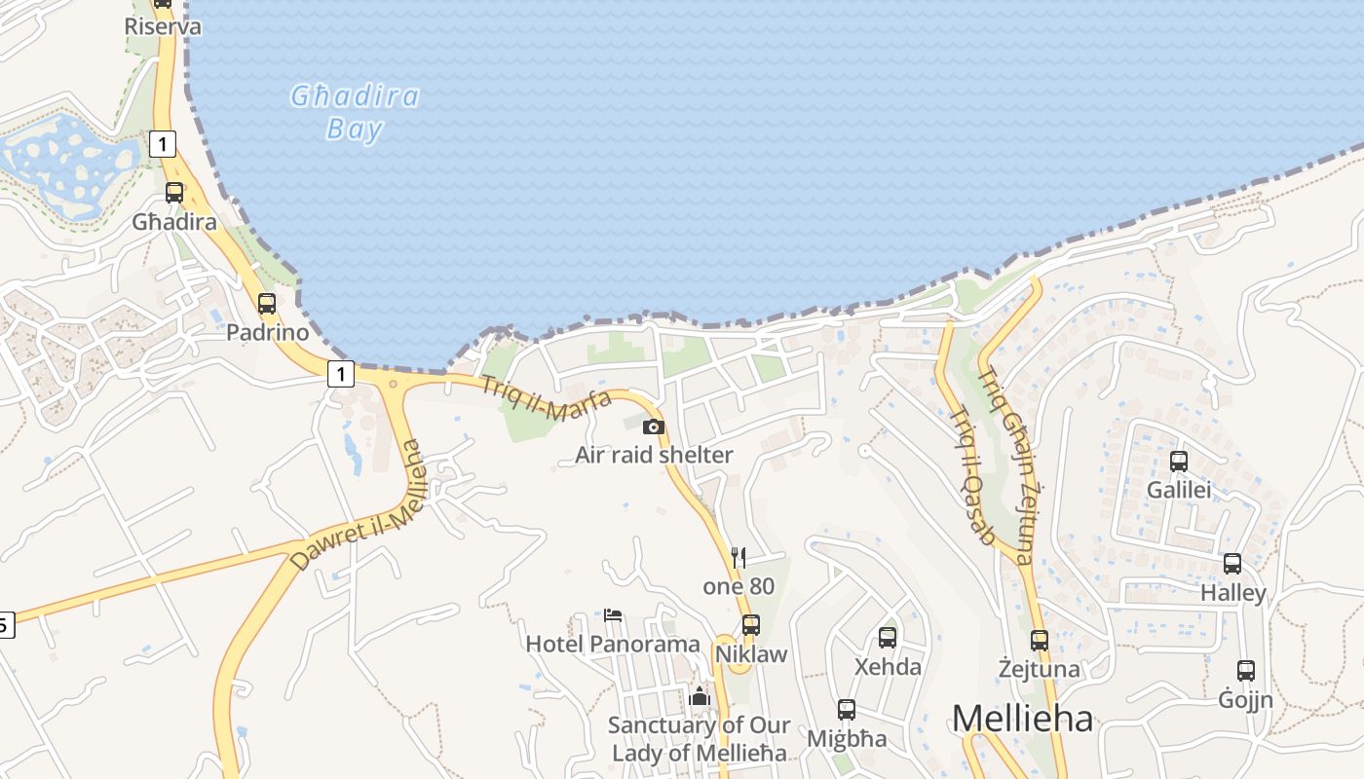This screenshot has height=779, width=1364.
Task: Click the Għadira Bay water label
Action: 356,112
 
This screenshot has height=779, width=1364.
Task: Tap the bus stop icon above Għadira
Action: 174,193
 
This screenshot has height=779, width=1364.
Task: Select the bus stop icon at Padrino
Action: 267,304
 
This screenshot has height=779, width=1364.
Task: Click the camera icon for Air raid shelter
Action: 654,427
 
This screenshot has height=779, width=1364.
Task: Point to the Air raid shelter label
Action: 654,455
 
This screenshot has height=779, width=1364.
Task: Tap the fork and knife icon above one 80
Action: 739,558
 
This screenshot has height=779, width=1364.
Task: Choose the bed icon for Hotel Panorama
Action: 613,614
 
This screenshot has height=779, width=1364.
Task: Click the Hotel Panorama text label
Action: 613,644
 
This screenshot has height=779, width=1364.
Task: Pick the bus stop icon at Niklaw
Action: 750,625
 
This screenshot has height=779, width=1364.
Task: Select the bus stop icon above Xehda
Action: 887,638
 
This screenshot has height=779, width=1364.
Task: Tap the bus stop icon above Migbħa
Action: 846,710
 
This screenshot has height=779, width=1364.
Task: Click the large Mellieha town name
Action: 1022,720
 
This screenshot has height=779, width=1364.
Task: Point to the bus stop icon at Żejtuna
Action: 1040,641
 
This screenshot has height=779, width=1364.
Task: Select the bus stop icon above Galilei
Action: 1179,462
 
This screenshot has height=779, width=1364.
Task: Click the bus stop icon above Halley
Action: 1232,564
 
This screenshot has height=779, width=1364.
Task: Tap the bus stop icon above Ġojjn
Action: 1246,671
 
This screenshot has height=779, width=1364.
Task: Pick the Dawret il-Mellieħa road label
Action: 358,506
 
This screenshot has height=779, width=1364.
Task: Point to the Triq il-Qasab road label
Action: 971,475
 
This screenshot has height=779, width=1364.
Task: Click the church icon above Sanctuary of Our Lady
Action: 700,696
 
